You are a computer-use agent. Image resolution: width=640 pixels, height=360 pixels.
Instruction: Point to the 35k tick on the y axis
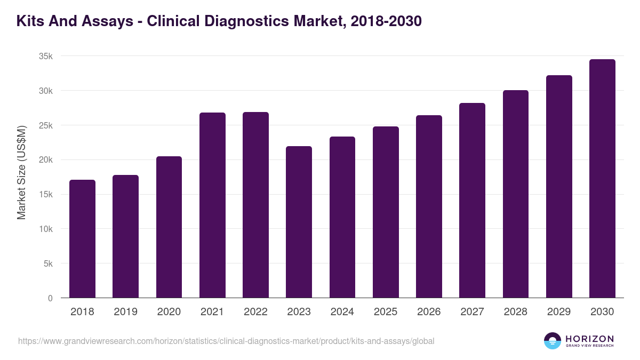(46, 56)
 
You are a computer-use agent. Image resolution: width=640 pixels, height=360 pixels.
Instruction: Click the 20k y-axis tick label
(46, 160)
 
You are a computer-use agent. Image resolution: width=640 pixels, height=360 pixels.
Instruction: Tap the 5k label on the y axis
(48, 263)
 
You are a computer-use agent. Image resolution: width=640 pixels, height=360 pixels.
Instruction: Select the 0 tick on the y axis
(50, 298)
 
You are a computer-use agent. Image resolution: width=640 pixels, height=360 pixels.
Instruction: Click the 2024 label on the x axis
(342, 312)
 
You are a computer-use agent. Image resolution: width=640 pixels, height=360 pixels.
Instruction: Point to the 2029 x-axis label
(559, 312)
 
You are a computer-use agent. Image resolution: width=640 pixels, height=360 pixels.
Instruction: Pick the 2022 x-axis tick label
(255, 312)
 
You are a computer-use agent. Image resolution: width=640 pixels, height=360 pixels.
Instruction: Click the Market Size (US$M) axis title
(21, 173)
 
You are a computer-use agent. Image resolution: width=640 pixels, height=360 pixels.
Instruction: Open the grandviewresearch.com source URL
(226, 341)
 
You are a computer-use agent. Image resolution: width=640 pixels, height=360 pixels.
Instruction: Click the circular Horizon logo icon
(553, 341)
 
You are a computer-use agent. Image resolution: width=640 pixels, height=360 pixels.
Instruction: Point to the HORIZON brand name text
(589, 338)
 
